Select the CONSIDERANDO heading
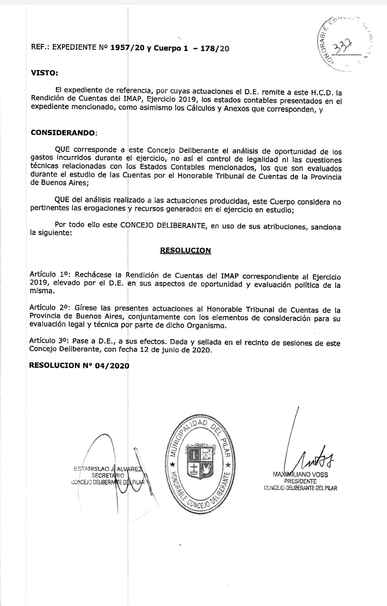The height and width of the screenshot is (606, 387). [x=63, y=132]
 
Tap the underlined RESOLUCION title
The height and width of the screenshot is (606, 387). [x=185, y=251]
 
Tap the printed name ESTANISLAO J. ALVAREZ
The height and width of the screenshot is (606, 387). [x=113, y=469]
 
